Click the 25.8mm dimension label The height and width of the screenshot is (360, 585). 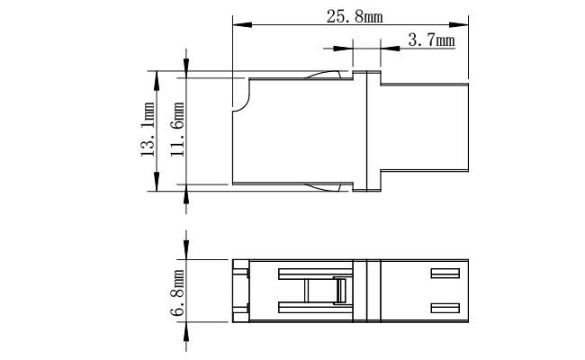pos(355,17)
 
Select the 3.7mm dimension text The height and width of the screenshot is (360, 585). pos(432,40)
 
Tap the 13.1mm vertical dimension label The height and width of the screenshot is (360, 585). pos(148,129)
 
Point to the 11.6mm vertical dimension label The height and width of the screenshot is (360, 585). pos(177,129)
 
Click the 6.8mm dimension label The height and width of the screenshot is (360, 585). pos(177,292)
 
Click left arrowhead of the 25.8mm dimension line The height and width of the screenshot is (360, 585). pos(242,25)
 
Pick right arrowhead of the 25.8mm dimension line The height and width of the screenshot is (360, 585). pos(459,25)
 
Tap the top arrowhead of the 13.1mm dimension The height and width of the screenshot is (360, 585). pos(157,80)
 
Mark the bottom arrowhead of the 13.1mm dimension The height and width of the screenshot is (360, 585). pos(157,182)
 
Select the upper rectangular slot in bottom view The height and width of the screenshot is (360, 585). pos(445,274)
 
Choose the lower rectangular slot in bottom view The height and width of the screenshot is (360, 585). pos(445,308)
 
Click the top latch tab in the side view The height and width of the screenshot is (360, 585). pos(323,75)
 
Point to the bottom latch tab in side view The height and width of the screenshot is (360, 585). pos(323,187)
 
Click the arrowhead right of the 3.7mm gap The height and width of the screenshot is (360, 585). pos(390,49)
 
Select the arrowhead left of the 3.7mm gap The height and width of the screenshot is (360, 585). pos(343,49)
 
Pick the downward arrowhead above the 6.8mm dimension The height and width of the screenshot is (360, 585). pos(186,250)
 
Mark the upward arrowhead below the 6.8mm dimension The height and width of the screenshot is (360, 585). pos(186,331)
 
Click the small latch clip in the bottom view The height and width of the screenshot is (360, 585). pos(340,291)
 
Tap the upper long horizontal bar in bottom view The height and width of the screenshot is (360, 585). pos(316,274)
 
